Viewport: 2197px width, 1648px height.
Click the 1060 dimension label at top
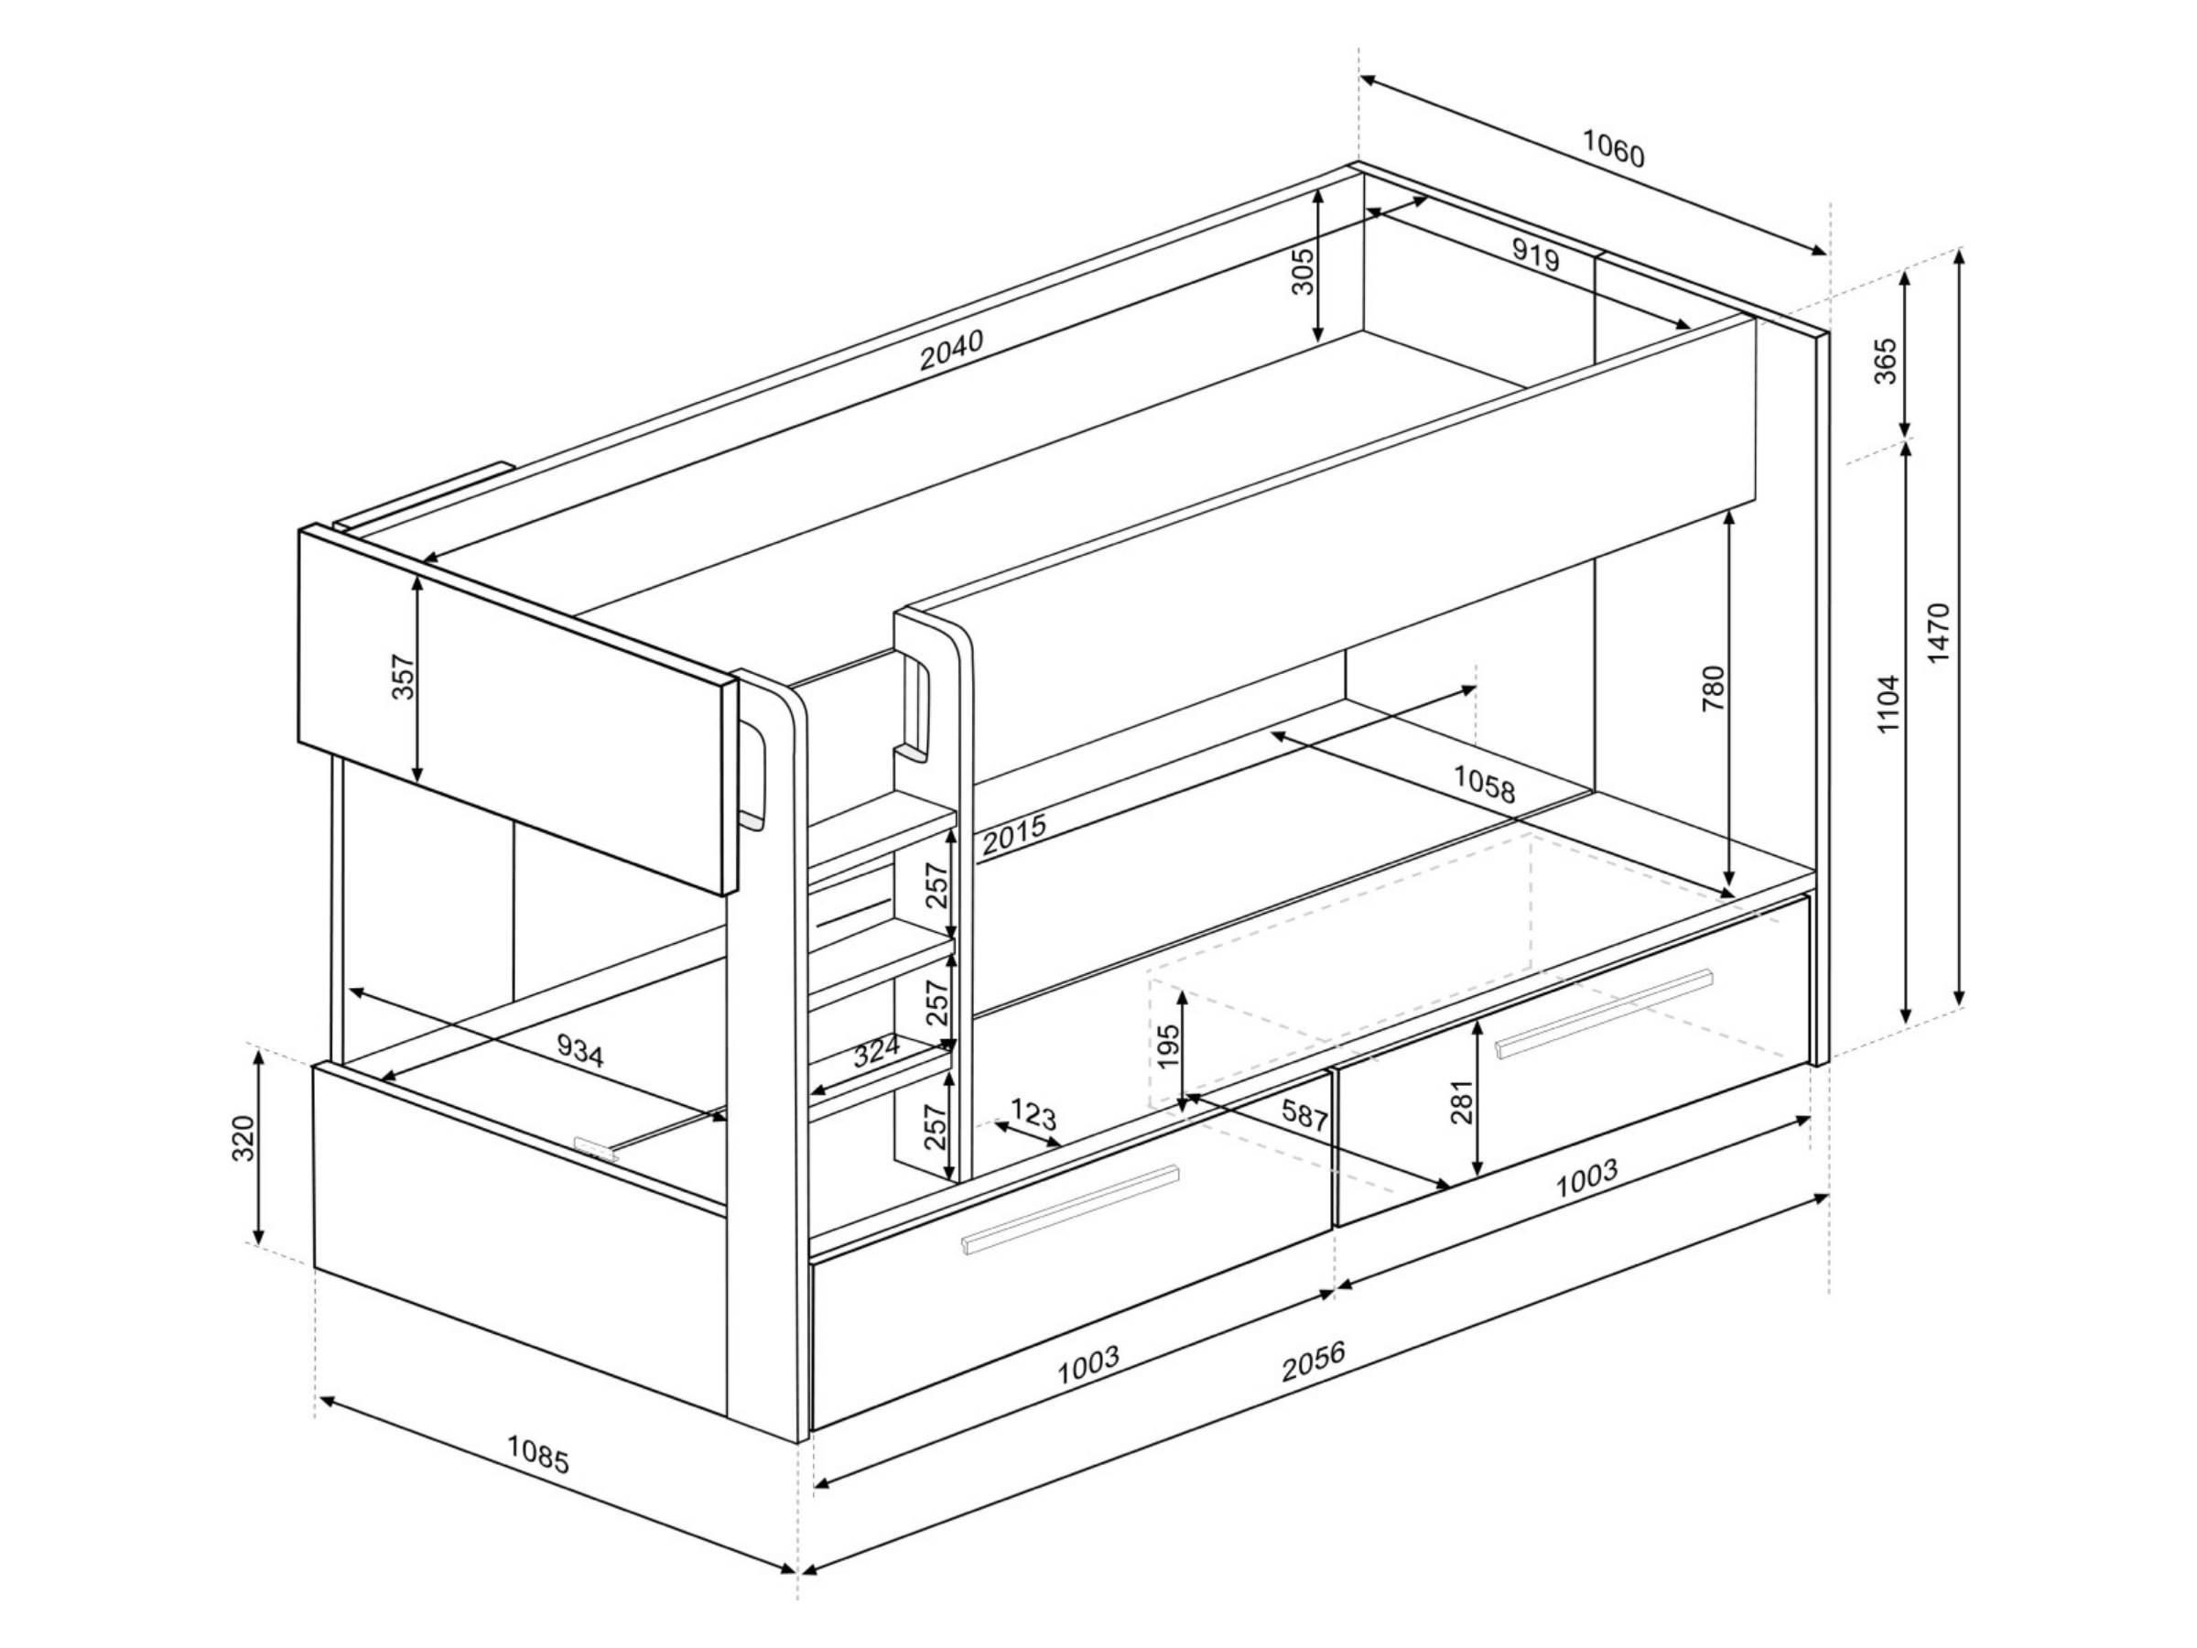pyautogui.click(x=1613, y=148)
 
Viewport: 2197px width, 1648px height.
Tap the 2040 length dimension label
pyautogui.click(x=951, y=349)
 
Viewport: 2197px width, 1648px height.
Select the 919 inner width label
pyautogui.click(x=1536, y=255)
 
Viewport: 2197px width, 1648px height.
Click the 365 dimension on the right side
pyautogui.click(x=1884, y=362)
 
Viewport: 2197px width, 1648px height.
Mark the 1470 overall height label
pyautogui.click(x=1938, y=633)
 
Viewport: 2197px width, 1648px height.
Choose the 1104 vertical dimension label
pyautogui.click(x=1887, y=704)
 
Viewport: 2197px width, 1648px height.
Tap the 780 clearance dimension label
pyautogui.click(x=1715, y=688)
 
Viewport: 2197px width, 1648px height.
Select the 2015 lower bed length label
pyautogui.click(x=1014, y=834)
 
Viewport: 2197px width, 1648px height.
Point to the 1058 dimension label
pyautogui.click(x=1485, y=784)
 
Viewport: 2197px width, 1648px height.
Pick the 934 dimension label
pyautogui.click(x=580, y=1051)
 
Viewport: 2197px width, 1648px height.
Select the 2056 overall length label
pyautogui.click(x=1313, y=1361)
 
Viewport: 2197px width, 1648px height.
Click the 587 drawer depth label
pyautogui.click(x=1305, y=1114)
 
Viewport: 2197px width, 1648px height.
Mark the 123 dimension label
pyautogui.click(x=1033, y=1113)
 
